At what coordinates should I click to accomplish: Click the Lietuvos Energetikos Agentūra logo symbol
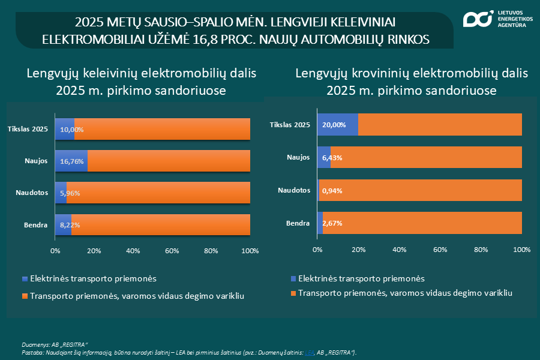point(478,19)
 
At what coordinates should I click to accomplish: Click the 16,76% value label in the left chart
point(72,161)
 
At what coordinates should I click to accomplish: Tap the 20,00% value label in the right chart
point(334,125)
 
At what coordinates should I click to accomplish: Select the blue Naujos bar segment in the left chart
point(71,161)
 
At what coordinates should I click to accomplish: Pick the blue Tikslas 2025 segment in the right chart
point(337,125)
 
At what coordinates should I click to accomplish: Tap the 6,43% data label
point(332,158)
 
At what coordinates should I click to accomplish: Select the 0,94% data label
point(332,190)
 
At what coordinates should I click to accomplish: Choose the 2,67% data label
point(332,223)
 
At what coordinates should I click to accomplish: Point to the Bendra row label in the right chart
point(298,223)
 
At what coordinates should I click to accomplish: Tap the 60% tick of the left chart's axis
point(172,251)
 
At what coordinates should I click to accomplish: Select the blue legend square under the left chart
point(25,279)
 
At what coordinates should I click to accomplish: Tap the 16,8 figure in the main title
point(316,40)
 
